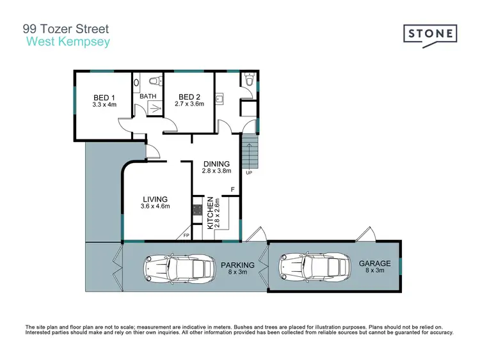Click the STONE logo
[430, 34]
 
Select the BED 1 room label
[103, 97]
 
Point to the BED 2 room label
[190, 97]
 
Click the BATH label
[148, 97]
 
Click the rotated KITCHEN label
[209, 214]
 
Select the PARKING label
[237, 265]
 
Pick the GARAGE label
[374, 263]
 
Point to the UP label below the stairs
[249, 173]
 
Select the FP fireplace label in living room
[186, 236]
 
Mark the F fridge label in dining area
[233, 190]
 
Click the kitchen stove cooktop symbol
[197, 209]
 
